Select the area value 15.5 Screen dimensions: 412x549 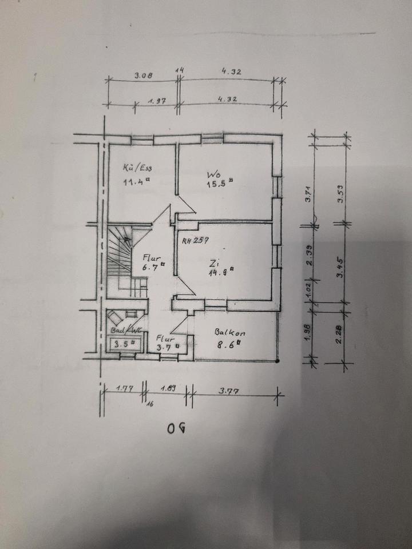219,184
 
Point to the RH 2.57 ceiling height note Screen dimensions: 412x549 195,240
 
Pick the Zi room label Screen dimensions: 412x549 215,264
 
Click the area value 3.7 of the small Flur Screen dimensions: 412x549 166,345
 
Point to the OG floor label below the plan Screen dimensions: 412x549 177,427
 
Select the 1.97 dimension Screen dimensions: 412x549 157,100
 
